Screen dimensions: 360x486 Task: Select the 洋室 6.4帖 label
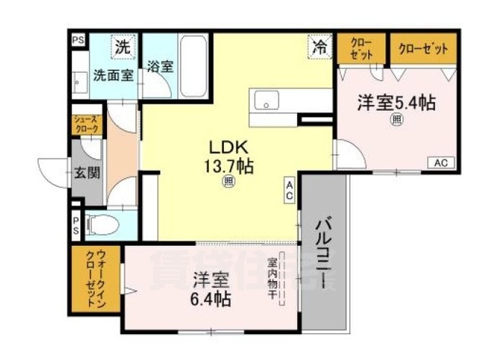210,288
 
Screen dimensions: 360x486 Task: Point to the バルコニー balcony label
322,255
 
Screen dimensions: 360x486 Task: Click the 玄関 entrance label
87,172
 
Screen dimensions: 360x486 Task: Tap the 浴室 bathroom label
160,65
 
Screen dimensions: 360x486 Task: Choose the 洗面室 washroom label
113,75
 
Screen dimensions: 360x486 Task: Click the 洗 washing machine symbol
122,46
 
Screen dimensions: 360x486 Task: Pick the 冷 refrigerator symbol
320,46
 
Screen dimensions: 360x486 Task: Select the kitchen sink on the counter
267,99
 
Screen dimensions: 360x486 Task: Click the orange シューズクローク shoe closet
85,125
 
